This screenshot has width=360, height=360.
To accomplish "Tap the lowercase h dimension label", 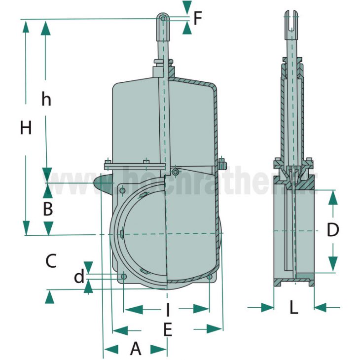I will pyautogui.click(x=46, y=100).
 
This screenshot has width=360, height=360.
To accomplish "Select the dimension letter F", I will pyautogui.click(x=198, y=19).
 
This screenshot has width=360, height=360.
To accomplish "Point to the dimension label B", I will pyautogui.click(x=47, y=209).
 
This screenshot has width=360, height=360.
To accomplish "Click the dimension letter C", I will pyautogui.click(x=51, y=260).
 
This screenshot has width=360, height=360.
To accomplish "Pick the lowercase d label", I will pyautogui.click(x=79, y=277).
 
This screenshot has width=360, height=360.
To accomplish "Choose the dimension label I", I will pyautogui.click(x=168, y=310).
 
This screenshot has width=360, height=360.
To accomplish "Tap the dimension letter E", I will pyautogui.click(x=168, y=329).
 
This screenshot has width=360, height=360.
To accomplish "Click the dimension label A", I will pyautogui.click(x=136, y=349).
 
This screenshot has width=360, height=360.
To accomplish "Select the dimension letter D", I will pyautogui.click(x=333, y=230).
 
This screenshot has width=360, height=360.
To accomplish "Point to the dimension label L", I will pyautogui.click(x=294, y=308).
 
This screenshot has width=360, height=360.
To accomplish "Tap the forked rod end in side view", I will pyautogui.click(x=293, y=22).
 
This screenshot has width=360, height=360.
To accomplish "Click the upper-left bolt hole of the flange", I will pyautogui.click(x=123, y=191).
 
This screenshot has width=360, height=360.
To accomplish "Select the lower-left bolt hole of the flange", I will pyautogui.click(x=123, y=277).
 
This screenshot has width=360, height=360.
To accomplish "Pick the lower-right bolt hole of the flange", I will pyautogui.click(x=210, y=278).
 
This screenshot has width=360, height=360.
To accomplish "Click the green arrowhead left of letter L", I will pyautogui.click(x=267, y=307).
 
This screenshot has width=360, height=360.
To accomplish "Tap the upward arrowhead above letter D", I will pyautogui.click(x=333, y=197).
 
